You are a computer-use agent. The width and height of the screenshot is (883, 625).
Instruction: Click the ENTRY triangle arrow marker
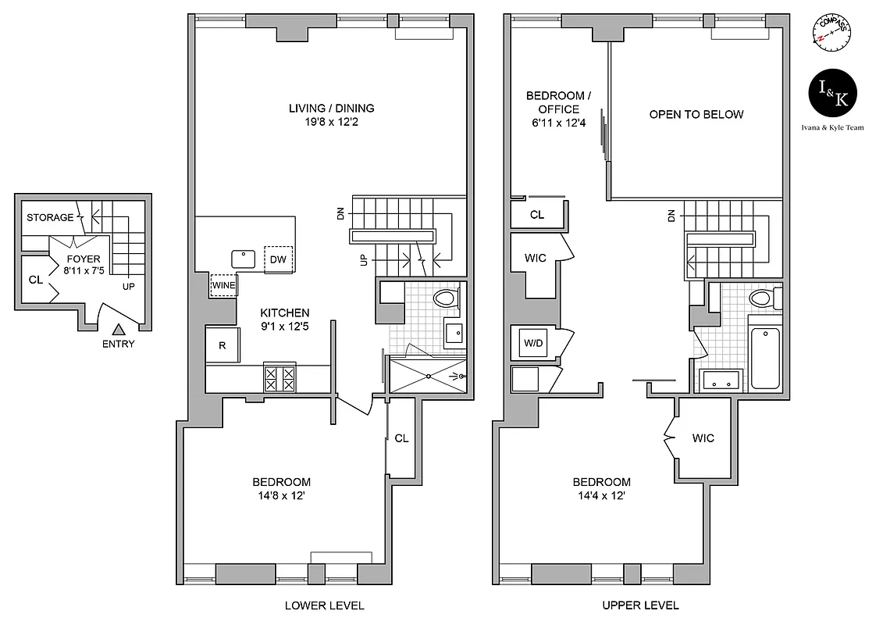[118, 330]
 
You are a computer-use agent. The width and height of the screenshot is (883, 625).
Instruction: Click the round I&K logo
[832, 93]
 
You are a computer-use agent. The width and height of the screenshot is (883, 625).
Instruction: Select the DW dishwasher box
[279, 259]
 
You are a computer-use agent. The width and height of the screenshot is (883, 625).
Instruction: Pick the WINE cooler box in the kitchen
[223, 286]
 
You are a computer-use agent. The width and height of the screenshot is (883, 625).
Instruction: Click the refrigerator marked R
[223, 346]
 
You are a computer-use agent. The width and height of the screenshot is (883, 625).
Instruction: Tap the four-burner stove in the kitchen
[280, 379]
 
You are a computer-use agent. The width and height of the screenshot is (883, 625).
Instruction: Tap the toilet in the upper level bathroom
[761, 298]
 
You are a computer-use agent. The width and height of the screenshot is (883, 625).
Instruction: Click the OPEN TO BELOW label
[696, 114]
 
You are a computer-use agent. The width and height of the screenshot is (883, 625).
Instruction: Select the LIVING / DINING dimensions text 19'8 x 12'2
[331, 123]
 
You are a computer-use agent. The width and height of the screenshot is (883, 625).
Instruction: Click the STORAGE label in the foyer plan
[50, 217]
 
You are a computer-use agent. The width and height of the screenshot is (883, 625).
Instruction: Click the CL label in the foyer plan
[35, 280]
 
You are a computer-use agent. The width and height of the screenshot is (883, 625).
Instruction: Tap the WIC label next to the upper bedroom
[703, 438]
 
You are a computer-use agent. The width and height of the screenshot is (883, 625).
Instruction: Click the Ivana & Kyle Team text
[832, 127]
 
